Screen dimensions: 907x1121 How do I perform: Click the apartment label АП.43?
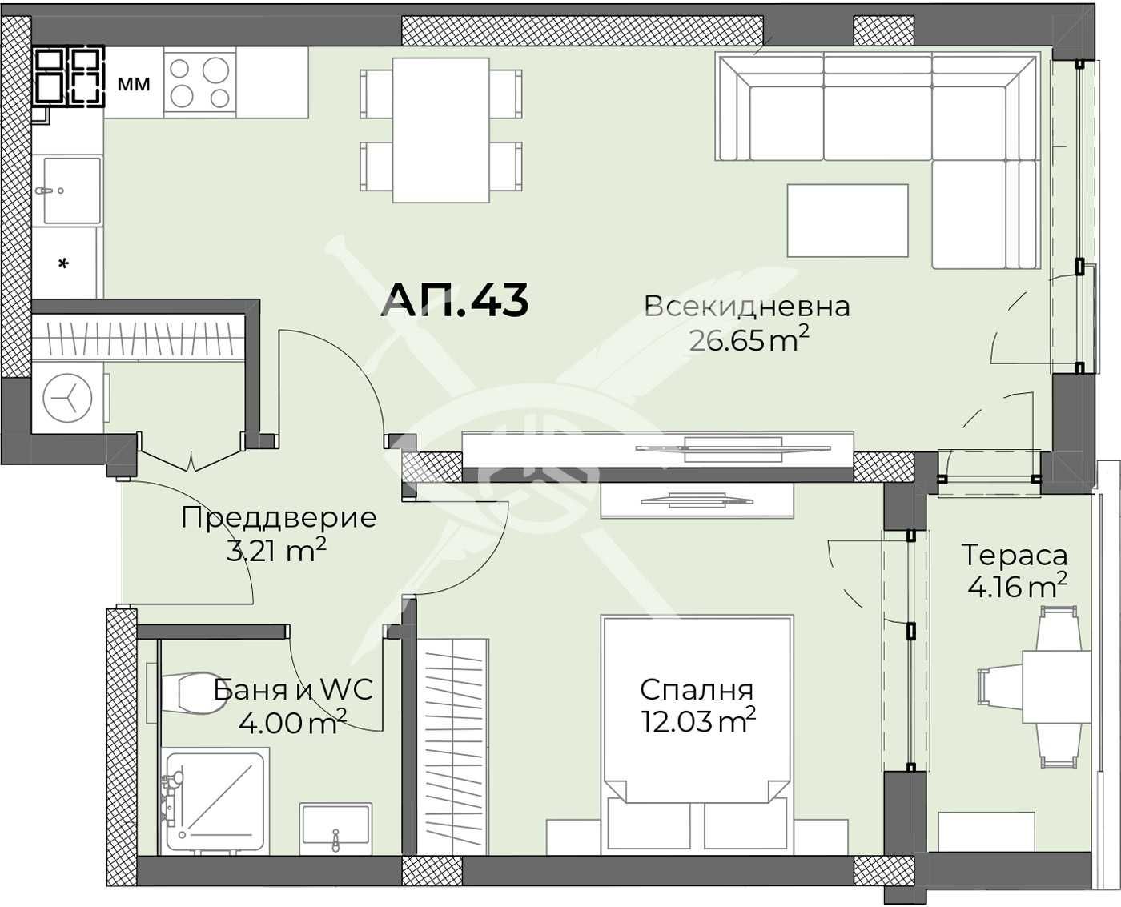coord(455,300)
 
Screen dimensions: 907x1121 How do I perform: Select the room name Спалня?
coord(697,690)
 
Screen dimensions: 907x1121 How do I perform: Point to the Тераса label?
coord(1014,555)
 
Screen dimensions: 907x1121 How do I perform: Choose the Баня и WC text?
coord(293,690)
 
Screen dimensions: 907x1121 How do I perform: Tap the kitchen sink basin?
coord(72,189)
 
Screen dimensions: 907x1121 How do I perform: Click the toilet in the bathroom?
coord(191,693)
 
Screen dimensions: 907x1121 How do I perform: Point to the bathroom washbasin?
coord(335,829)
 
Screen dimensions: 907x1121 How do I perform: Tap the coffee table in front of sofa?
coord(847,220)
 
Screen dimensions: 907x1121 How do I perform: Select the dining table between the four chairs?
coord(440,130)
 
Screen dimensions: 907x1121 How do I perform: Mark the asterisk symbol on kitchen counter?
coord(65,263)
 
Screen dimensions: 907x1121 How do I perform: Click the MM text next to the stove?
coord(134,83)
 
